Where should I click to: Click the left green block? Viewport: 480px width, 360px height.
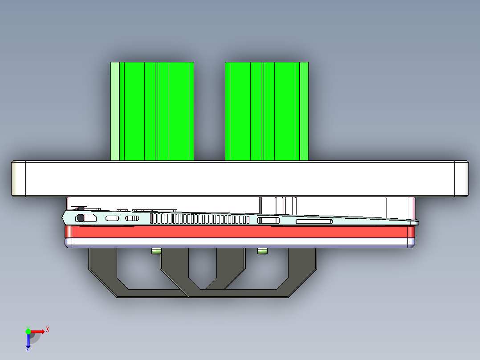[156, 111]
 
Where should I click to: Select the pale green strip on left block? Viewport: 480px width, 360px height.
[114, 111]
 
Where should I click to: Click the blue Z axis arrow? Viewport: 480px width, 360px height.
[28, 341]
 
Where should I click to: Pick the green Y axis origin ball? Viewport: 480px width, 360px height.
[28, 331]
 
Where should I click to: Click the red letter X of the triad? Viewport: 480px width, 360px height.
[48, 330]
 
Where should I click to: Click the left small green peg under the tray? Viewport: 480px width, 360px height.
[156, 252]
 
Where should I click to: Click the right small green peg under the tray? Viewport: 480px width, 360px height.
[263, 252]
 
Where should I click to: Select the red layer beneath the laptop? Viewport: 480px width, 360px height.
[240, 232]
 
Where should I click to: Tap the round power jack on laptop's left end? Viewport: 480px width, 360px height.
[81, 218]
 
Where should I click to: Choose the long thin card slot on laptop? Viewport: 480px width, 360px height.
[314, 221]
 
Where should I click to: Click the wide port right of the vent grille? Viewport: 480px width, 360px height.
[268, 220]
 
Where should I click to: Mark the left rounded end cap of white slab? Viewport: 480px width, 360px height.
[18, 179]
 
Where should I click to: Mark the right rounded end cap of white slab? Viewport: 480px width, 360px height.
[462, 179]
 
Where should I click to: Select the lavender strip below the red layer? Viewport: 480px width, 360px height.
[240, 242]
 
